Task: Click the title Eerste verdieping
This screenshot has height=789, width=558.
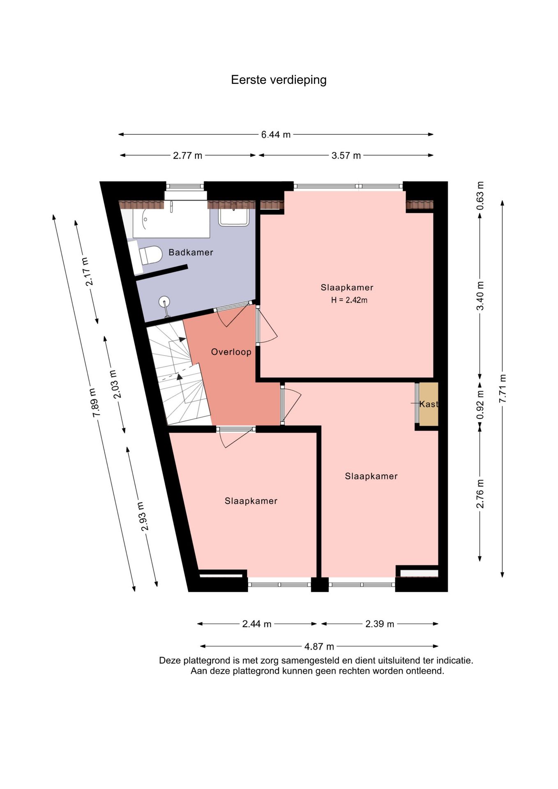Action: click(x=279, y=80)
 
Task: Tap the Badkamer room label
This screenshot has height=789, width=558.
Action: click(x=191, y=252)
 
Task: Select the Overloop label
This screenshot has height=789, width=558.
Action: click(x=231, y=352)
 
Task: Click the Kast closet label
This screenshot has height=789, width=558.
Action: click(x=429, y=404)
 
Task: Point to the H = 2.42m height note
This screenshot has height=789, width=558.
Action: click(x=349, y=300)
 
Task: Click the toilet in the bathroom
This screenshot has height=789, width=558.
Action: click(x=150, y=255)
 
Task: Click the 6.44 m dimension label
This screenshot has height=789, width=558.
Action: click(x=276, y=135)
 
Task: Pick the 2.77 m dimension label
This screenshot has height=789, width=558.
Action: click(x=187, y=156)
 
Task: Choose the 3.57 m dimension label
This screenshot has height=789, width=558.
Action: click(x=346, y=156)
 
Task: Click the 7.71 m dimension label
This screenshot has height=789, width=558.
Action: click(x=503, y=389)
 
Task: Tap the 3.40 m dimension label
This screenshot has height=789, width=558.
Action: click(x=480, y=296)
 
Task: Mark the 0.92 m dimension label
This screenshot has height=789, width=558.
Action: click(x=480, y=405)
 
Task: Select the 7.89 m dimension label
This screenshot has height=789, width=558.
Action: click(x=95, y=403)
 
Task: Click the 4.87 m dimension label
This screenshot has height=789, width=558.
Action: click(x=319, y=646)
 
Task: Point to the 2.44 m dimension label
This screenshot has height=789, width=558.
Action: click(x=257, y=624)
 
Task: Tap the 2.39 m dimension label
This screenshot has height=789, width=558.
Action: click(x=380, y=624)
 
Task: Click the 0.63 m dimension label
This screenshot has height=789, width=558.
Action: click(x=480, y=196)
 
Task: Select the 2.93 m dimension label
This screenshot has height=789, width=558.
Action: click(x=142, y=516)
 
